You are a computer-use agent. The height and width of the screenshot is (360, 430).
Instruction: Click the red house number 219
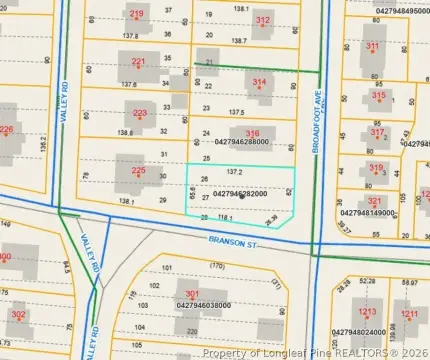pyautogui.click(x=137, y=13)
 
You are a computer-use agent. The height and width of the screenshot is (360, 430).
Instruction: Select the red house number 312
pyautogui.click(x=263, y=20)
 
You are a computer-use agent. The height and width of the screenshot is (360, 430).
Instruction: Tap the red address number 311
pyautogui.click(x=372, y=46)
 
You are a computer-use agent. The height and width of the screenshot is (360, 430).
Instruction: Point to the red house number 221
pyautogui.click(x=138, y=62)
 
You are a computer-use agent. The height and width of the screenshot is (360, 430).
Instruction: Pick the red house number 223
pyautogui.click(x=139, y=113)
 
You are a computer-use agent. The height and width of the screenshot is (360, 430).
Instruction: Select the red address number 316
pyautogui.click(x=253, y=133)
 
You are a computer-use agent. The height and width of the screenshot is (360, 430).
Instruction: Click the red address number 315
pyautogui.click(x=378, y=95)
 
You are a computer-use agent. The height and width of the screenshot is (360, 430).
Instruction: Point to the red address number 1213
pyautogui.click(x=367, y=312)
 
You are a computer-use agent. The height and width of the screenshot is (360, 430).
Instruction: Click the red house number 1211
pyautogui.click(x=410, y=313)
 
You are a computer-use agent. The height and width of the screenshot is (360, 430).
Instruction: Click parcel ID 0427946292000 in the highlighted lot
pyautogui.click(x=240, y=194)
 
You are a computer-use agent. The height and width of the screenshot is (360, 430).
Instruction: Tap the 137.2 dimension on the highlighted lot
pyautogui.click(x=235, y=172)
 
